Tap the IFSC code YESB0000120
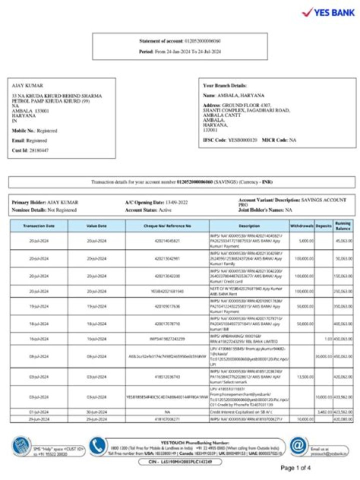(x=242, y=140)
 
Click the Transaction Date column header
(x=39, y=226)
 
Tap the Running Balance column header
(x=342, y=225)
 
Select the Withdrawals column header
(x=301, y=226)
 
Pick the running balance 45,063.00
(x=343, y=240)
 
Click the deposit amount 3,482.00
(x=324, y=411)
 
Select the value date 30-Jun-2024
(x=97, y=411)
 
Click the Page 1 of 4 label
(x=295, y=468)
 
